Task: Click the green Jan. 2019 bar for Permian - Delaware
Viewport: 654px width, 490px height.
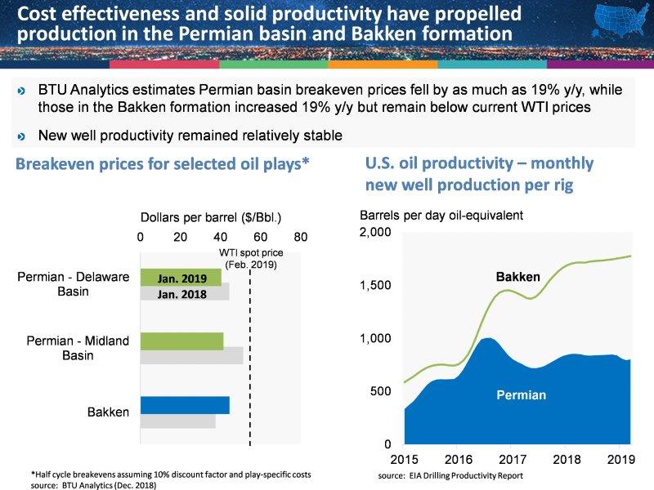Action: click(181, 278)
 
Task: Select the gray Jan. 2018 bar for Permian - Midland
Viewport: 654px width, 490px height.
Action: click(191, 355)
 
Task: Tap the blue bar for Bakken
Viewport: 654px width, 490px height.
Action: click(185, 405)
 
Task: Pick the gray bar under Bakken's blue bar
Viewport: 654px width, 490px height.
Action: click(178, 421)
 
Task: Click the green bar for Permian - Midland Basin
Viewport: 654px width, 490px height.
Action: click(181, 341)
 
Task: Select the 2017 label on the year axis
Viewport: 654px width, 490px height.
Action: click(513, 461)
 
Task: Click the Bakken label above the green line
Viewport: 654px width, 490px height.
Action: click(517, 277)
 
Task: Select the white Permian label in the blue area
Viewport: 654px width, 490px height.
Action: click(521, 395)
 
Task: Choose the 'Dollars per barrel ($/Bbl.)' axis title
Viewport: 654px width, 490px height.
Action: click(211, 218)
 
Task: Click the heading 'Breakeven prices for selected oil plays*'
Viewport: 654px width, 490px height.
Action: click(163, 163)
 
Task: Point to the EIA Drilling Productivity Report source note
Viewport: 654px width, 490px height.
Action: click(450, 475)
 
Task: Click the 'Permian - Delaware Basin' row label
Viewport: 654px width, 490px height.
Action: click(74, 284)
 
